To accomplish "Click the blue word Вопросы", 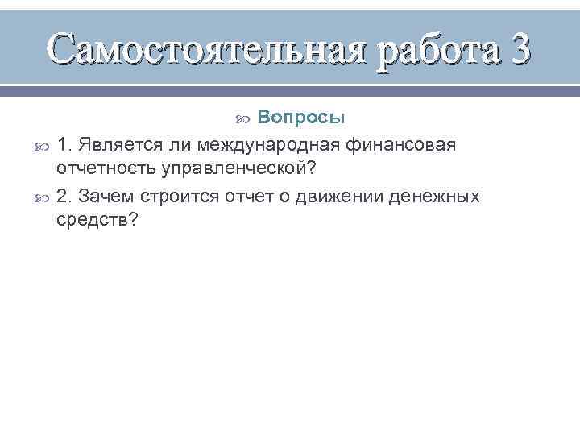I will (x=303, y=118).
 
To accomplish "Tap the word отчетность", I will (x=106, y=170).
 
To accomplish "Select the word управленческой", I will (x=235, y=170).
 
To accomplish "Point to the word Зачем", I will (x=106, y=196).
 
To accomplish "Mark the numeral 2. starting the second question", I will (x=65, y=196).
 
